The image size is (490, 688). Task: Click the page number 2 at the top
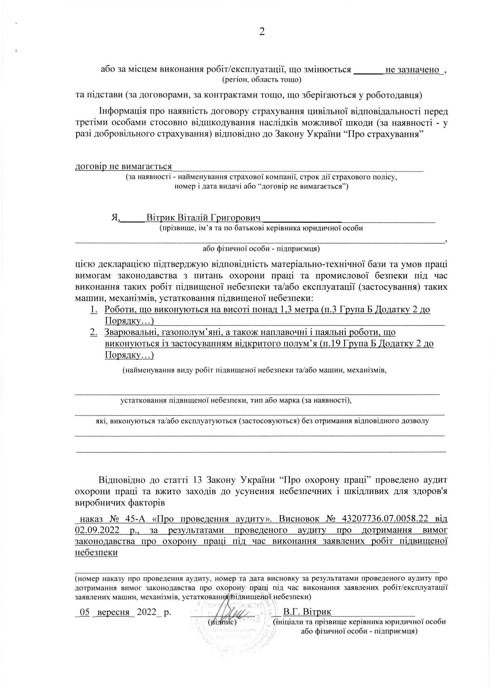click(x=262, y=32)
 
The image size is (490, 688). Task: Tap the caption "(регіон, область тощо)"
click(x=262, y=80)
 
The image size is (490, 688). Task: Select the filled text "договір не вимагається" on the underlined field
click(x=123, y=166)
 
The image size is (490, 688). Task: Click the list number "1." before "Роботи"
click(x=93, y=309)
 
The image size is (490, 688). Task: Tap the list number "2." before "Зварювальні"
click(x=93, y=332)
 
